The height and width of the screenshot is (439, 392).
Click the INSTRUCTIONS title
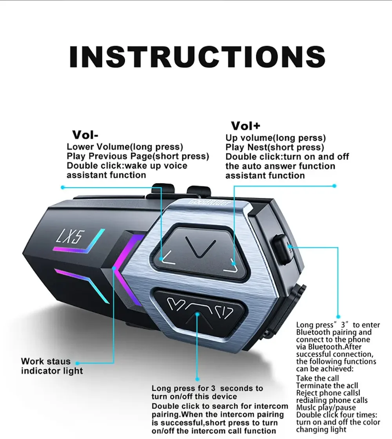[197, 57]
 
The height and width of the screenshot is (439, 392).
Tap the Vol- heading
[85, 135]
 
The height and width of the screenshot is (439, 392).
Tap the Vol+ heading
[245, 126]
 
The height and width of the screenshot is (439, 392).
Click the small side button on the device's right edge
[281, 246]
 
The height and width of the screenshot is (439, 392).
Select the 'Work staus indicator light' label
[52, 366]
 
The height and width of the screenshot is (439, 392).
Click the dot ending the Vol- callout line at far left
[63, 187]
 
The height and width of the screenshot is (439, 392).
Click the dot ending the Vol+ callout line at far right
[334, 186]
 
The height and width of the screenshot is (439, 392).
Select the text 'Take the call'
[318, 378]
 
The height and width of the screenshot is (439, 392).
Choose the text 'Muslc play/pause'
[326, 408]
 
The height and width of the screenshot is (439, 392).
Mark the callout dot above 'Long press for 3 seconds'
[197, 379]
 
